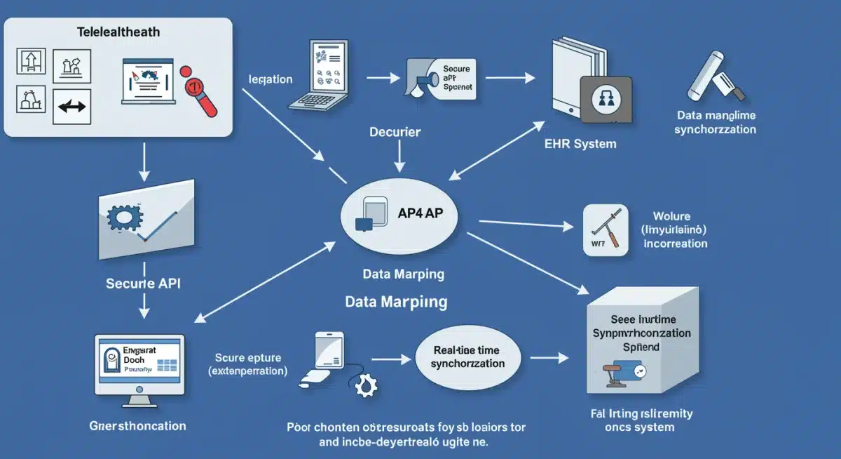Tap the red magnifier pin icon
198,91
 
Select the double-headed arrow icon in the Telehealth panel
71,106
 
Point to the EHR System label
580,143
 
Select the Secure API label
144,284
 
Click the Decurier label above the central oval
395,131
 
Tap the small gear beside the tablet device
365,385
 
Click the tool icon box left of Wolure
605,229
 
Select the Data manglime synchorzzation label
715,122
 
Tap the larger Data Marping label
396,302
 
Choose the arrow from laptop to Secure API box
382,74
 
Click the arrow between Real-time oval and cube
553,358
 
